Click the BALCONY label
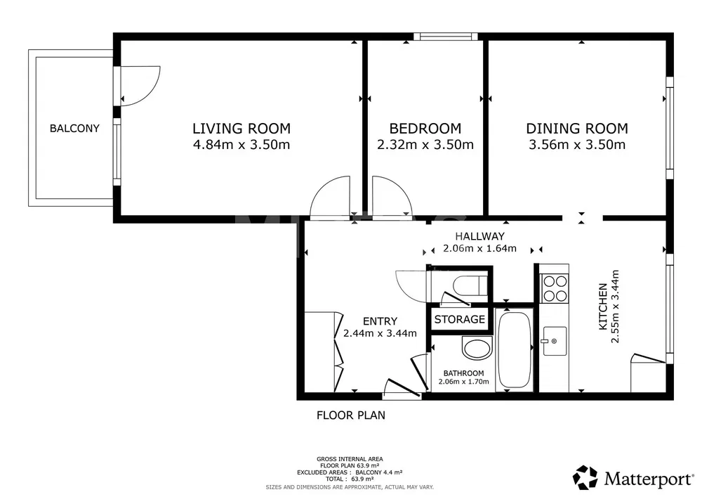(x=74, y=129)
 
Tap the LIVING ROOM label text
(x=241, y=129)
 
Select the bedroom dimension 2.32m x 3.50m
(x=425, y=145)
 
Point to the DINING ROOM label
(x=577, y=129)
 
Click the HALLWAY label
(x=480, y=236)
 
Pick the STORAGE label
(x=460, y=320)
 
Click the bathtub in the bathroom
(x=515, y=349)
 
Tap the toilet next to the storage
(x=470, y=285)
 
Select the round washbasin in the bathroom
(x=477, y=348)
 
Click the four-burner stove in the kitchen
(x=555, y=289)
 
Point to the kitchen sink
(x=555, y=341)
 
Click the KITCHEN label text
(x=603, y=306)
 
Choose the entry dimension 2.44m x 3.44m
(x=380, y=333)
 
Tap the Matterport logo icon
(x=585, y=478)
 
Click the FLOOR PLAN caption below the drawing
(x=351, y=415)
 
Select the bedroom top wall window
(x=446, y=37)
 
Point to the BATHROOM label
(x=464, y=373)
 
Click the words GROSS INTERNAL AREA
(x=350, y=459)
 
